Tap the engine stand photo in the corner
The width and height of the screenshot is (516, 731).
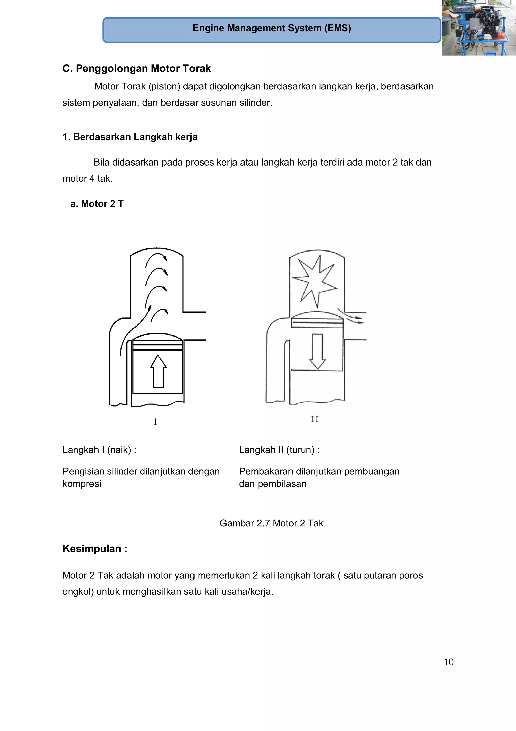coord(478,28)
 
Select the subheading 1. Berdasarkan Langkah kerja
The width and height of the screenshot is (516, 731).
coord(130,137)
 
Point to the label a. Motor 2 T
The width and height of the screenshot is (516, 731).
coord(97,204)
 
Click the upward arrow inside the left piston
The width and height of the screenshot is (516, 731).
coord(158,371)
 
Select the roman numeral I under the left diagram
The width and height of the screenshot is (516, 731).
coord(155,422)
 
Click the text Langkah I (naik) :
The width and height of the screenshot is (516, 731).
coord(99,450)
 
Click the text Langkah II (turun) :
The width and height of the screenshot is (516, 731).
coord(279,450)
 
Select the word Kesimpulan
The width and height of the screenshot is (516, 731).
coord(92,549)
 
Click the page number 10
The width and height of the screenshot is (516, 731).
coord(448,662)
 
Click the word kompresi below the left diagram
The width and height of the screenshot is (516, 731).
coord(82,484)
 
